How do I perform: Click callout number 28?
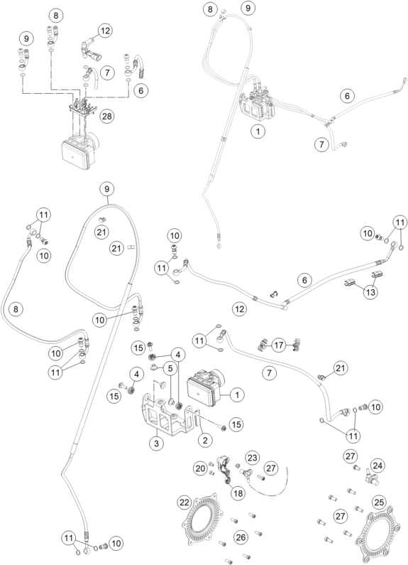[107, 116]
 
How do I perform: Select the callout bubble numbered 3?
[156, 443]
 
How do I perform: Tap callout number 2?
[205, 440]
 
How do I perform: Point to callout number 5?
[170, 368]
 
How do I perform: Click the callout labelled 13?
[370, 292]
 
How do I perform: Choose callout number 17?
[278, 345]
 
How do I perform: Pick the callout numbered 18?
[238, 493]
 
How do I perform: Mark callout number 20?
[200, 468]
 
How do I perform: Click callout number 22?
[184, 502]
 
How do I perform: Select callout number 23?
[253, 457]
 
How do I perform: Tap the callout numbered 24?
[377, 466]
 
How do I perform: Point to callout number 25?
[379, 502]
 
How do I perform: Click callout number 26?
[241, 537]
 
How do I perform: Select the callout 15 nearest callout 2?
[236, 424]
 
